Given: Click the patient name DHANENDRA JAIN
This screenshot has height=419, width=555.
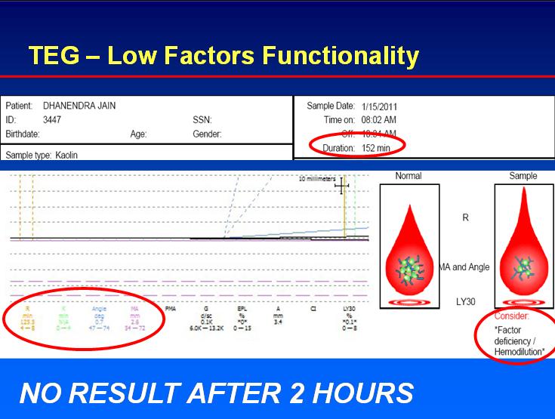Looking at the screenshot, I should coord(79,106).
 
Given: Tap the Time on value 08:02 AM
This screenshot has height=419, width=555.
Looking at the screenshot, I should coord(379,120).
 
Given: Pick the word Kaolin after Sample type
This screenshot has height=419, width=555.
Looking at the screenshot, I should coord(66,155).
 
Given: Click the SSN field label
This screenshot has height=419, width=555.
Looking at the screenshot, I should coord(202,120).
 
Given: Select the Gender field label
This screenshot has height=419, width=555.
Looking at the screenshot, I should coord(207,134).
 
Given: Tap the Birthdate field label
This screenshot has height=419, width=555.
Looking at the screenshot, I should coord(23,134).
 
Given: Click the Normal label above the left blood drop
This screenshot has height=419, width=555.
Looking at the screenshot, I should coord(409,176).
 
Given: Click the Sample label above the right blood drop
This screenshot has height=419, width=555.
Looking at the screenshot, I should coord(523,176).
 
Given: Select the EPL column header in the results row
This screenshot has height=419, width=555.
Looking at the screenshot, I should coord(242,309).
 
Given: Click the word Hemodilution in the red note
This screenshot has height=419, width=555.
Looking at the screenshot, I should coord(520,352).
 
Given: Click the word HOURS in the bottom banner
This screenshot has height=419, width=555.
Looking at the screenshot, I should coord(362,393).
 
